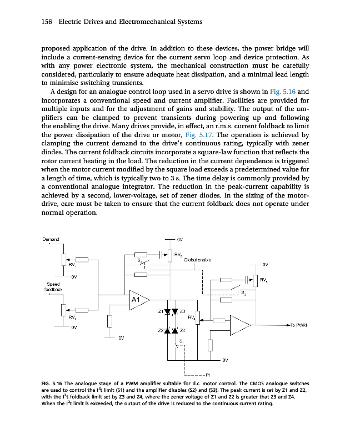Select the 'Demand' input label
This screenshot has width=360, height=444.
(x=51, y=239)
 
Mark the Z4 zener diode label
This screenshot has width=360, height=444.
(x=183, y=330)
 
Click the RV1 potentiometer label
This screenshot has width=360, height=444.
(x=72, y=265)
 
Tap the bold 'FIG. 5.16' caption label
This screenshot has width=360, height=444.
(x=53, y=384)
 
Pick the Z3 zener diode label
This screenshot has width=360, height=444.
(x=183, y=311)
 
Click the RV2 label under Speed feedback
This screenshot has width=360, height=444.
(x=72, y=317)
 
